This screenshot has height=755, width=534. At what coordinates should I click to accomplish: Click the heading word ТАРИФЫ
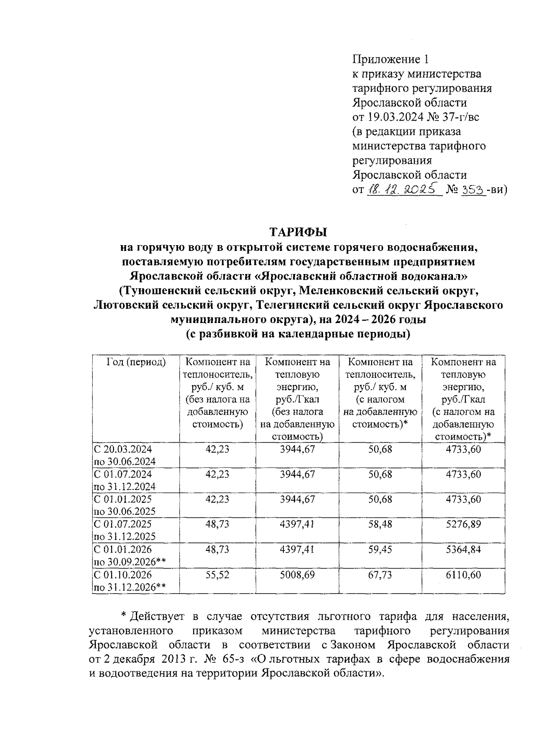[x=298, y=232]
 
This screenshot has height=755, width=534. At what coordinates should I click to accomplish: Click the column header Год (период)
[x=136, y=362]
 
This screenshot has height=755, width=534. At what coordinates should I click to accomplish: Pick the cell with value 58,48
[x=380, y=524]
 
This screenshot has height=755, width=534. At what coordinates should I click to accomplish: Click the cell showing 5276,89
[x=463, y=524]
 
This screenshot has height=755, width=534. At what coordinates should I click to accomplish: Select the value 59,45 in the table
[x=380, y=549]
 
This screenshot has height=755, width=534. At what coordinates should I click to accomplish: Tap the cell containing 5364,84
[x=463, y=549]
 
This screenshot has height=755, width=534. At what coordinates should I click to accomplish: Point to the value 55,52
[x=217, y=574]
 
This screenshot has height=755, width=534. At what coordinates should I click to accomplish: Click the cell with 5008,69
[x=297, y=574]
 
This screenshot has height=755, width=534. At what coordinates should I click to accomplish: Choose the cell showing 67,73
[x=380, y=574]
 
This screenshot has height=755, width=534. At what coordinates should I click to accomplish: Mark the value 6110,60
[x=463, y=574]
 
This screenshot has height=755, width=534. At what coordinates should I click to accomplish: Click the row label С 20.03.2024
[x=123, y=449]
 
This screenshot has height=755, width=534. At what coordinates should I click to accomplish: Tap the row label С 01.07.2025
[x=123, y=524]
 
